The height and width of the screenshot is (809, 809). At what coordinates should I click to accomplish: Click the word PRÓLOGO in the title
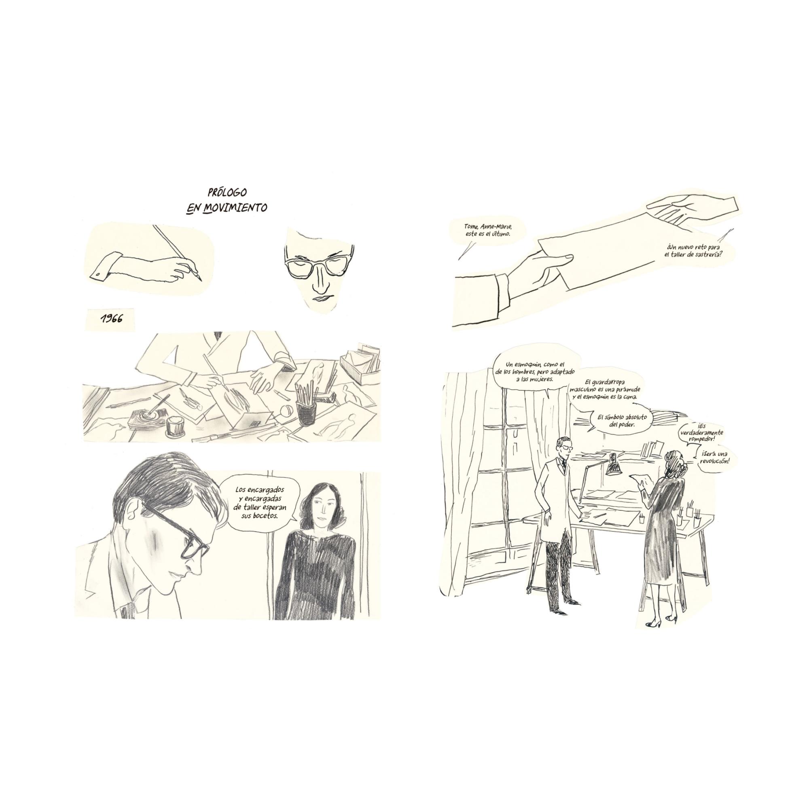[x=227, y=193]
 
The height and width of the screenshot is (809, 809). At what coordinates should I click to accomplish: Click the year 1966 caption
[x=111, y=319]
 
